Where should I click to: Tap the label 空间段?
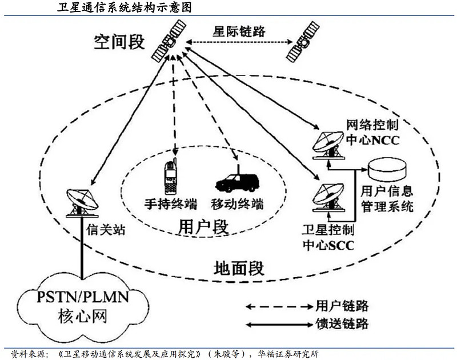pos(120,41)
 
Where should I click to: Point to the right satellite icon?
pos(303,42)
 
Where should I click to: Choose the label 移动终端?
pos(234,203)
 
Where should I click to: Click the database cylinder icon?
pos(388,169)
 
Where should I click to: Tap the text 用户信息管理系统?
pos(387,198)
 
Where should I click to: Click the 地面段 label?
pos(238,267)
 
